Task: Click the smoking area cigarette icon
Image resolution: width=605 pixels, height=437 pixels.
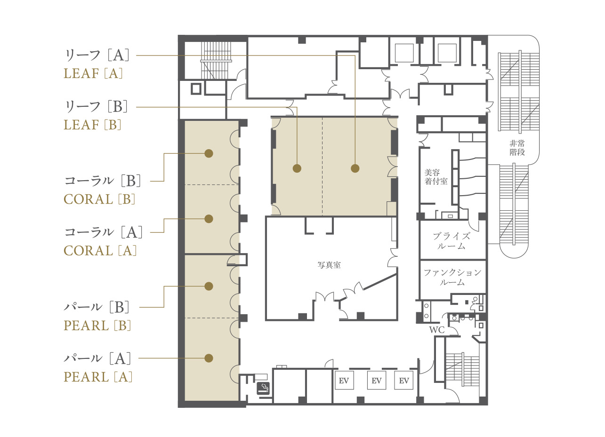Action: coord(263,389)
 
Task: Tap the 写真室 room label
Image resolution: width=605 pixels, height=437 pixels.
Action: coord(329,265)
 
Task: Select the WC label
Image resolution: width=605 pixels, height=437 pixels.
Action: coord(437,330)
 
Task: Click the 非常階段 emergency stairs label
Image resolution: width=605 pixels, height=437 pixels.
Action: coord(517,148)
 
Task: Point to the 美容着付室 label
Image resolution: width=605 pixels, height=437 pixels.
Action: coord(436,177)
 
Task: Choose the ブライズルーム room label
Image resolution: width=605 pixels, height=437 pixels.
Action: coord(452,241)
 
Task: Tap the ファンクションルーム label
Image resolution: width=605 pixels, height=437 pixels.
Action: coord(452,277)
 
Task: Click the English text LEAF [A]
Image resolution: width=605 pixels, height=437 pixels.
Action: coord(93,73)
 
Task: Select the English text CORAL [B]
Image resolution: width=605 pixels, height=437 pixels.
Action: coord(99,199)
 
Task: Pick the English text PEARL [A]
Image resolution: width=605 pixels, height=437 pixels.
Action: coord(98,377)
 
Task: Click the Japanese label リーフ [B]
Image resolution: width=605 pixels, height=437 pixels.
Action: coord(97,106)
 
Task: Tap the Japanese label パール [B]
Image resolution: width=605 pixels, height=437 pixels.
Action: coord(97,307)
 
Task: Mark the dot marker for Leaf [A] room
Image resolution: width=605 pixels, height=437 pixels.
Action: coord(355,168)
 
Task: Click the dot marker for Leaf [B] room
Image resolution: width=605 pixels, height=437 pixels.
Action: coord(297,168)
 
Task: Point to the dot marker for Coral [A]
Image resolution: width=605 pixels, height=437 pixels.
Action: coord(209,219)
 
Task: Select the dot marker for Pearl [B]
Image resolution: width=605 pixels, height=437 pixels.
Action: coord(209,286)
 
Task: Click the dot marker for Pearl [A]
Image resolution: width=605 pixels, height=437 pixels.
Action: coord(209,358)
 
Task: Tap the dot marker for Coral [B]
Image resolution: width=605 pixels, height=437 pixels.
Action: coord(209,153)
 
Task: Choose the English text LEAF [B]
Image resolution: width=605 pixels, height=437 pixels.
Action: coord(92,125)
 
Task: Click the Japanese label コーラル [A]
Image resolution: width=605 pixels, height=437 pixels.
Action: coord(104,232)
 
